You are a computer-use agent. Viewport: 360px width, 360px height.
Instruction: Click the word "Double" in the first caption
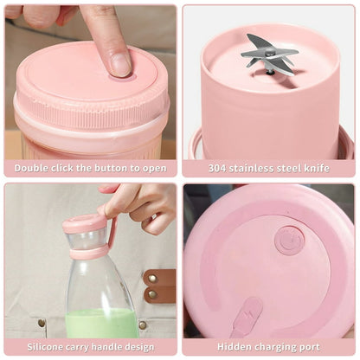point(31,168)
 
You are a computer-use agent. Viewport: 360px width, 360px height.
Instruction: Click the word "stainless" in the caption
point(256,168)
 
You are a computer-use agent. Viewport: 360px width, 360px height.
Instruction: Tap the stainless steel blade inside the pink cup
point(268,51)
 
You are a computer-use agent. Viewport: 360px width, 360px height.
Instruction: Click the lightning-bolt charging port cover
point(248,315)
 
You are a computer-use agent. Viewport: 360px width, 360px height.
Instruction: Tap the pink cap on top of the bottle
point(86,224)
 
